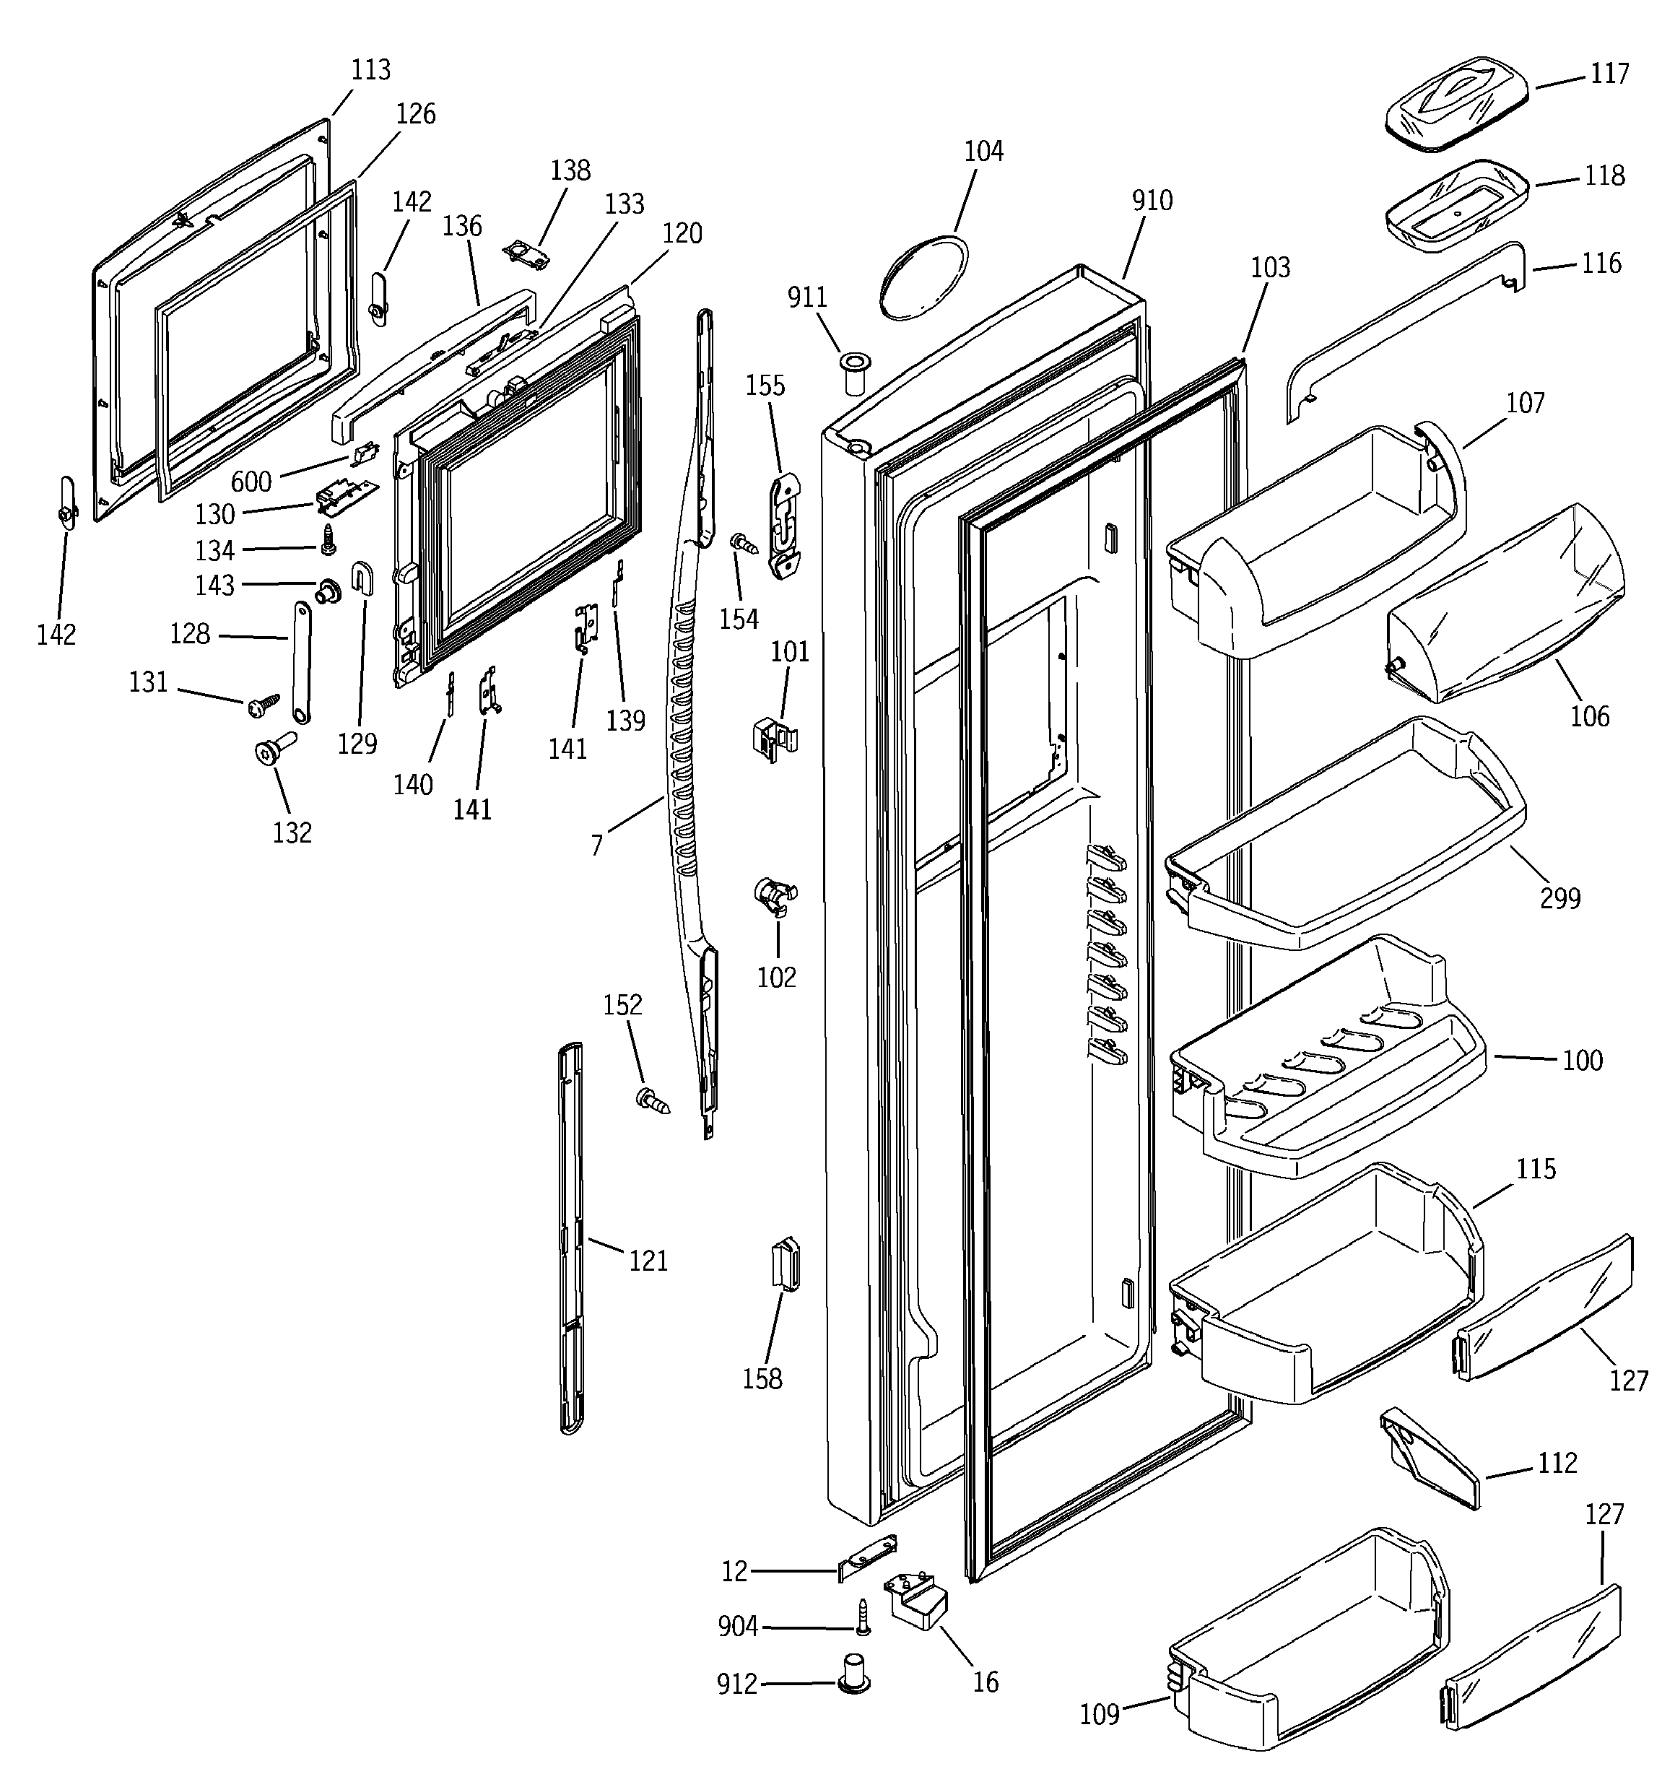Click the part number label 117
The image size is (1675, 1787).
tap(1609, 73)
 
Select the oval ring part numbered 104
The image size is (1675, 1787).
tap(923, 275)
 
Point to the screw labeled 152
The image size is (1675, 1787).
tap(653, 1100)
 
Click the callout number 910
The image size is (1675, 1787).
tap(1152, 201)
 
